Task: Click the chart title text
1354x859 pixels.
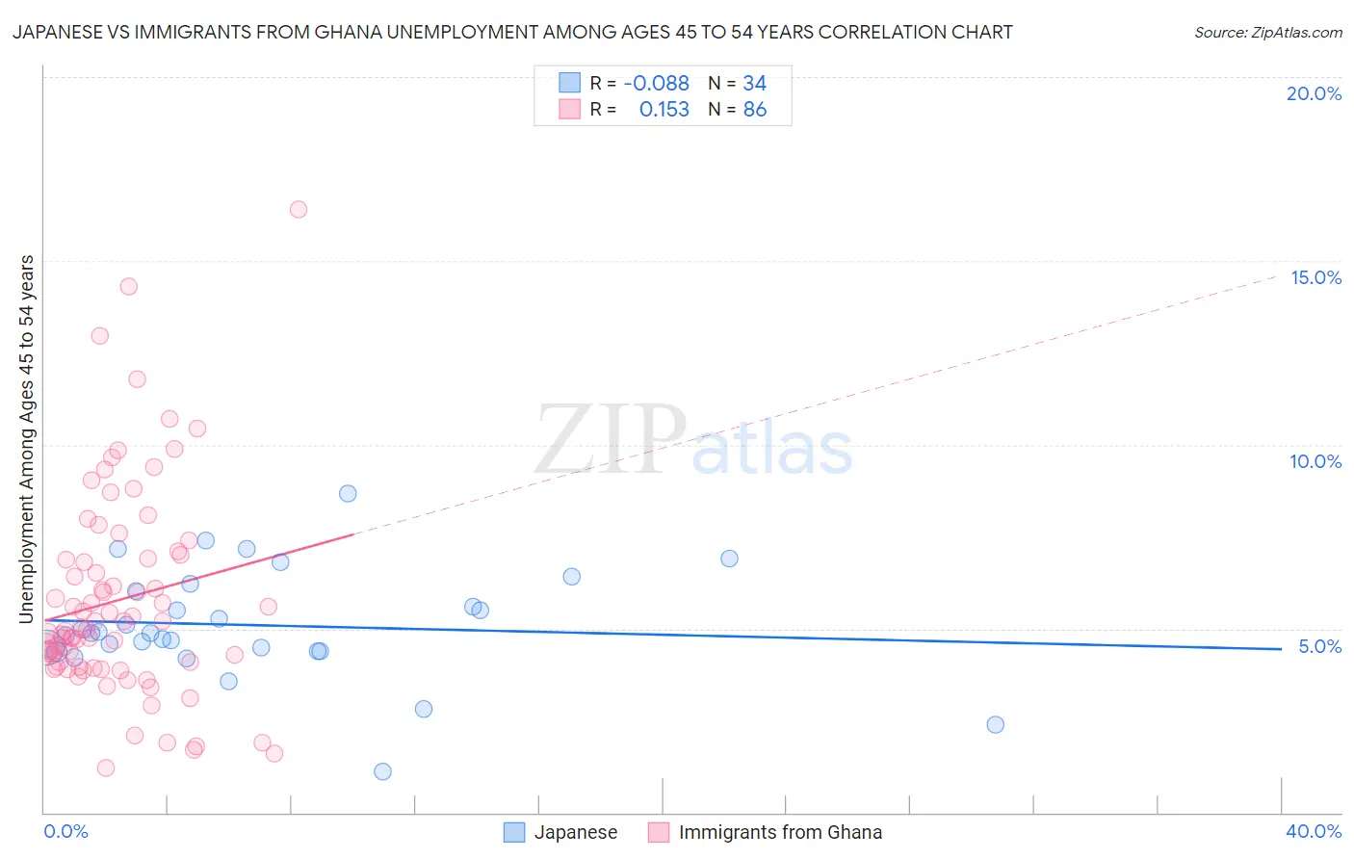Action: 512,32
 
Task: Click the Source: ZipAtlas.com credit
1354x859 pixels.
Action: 1267,33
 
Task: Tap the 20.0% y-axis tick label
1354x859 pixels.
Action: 1314,93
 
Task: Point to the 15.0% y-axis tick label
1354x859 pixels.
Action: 1315,277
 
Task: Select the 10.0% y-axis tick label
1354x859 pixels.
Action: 1315,461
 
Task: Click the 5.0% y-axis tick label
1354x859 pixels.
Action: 1319,646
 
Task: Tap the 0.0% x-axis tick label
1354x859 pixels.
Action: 65,831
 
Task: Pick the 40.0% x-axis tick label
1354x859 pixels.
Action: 1314,831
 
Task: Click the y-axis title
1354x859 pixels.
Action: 27,439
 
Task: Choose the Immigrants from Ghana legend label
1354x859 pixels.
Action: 780,832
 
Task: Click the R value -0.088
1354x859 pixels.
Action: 656,84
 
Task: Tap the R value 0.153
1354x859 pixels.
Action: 664,110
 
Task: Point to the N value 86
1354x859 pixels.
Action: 755,110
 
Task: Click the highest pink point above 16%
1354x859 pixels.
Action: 299,209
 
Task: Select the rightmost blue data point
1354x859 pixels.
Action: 996,724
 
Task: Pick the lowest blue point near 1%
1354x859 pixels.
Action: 382,771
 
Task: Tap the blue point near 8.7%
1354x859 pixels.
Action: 348,493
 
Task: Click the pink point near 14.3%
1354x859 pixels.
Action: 128,286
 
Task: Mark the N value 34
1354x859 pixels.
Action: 755,84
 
